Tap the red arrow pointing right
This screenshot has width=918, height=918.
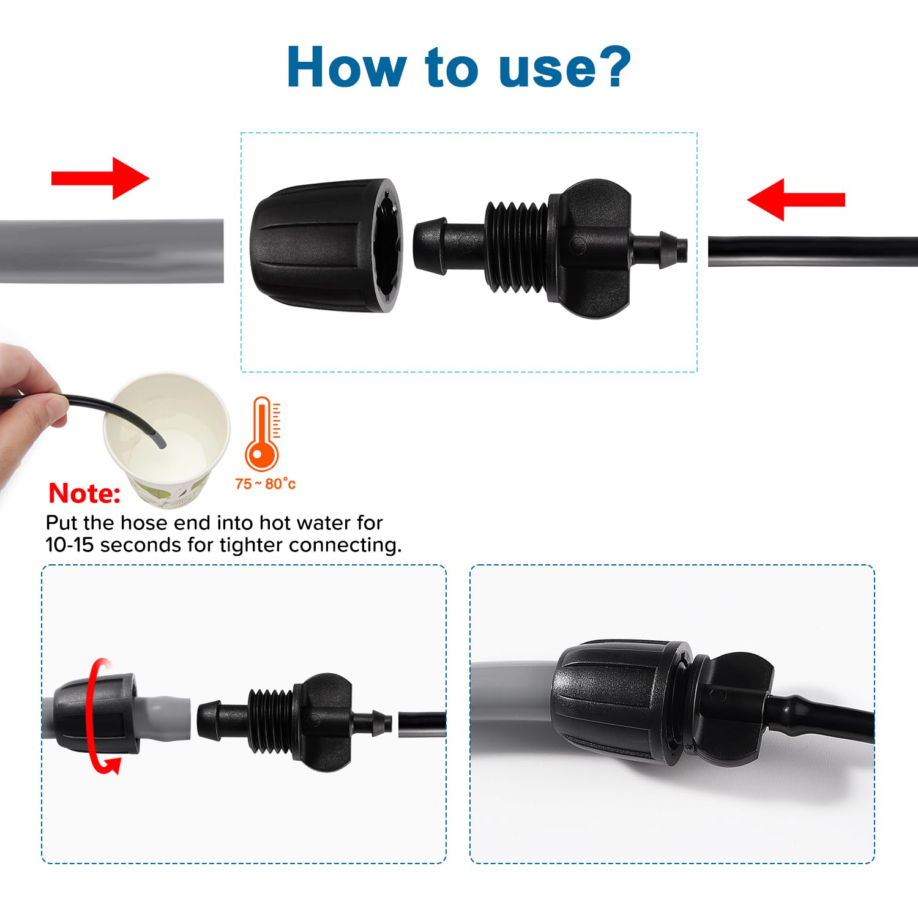point(100,178)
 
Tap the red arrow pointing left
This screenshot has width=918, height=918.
point(796,200)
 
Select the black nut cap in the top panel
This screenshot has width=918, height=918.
point(326,245)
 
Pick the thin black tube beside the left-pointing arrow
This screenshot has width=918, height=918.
point(813,251)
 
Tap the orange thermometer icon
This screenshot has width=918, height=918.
point(263,433)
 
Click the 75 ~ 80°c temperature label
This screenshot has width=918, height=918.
point(265,484)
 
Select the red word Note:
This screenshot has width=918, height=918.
point(84,493)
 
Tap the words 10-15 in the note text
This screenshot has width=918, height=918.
point(70,545)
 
